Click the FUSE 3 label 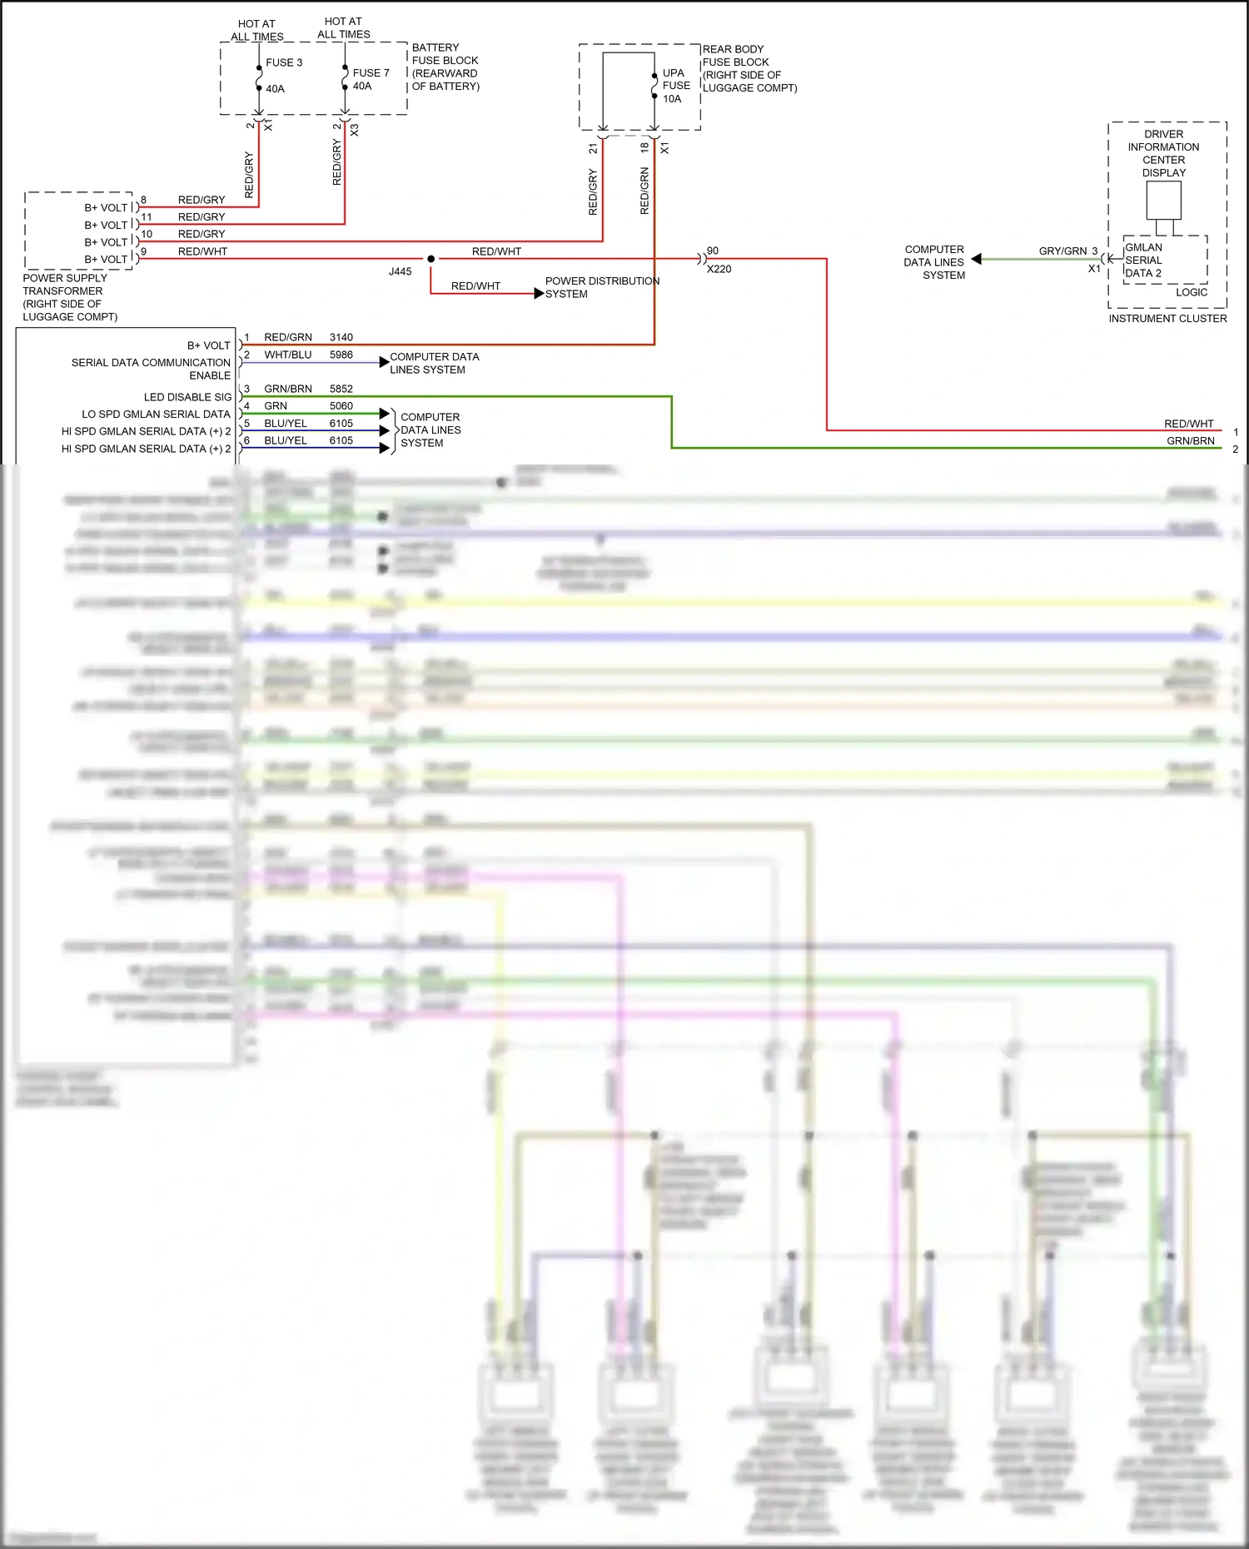[284, 62]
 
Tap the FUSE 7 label [371, 73]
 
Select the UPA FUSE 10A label [675, 86]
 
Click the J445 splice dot [430, 259]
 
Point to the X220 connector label [719, 269]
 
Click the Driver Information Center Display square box [1163, 200]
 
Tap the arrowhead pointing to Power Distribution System [539, 293]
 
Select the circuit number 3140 [341, 337]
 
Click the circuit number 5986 [341, 355]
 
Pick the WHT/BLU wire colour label [287, 355]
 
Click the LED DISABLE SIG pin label [187, 397]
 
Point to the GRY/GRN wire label [1062, 251]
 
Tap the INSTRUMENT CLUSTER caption [1167, 318]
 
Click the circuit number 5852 [341, 389]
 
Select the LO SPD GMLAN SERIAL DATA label [156, 414]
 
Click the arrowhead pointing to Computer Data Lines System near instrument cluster [977, 259]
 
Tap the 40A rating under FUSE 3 [275, 89]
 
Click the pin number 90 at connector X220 [713, 251]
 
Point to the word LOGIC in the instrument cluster [1191, 292]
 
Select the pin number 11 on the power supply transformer [147, 216]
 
